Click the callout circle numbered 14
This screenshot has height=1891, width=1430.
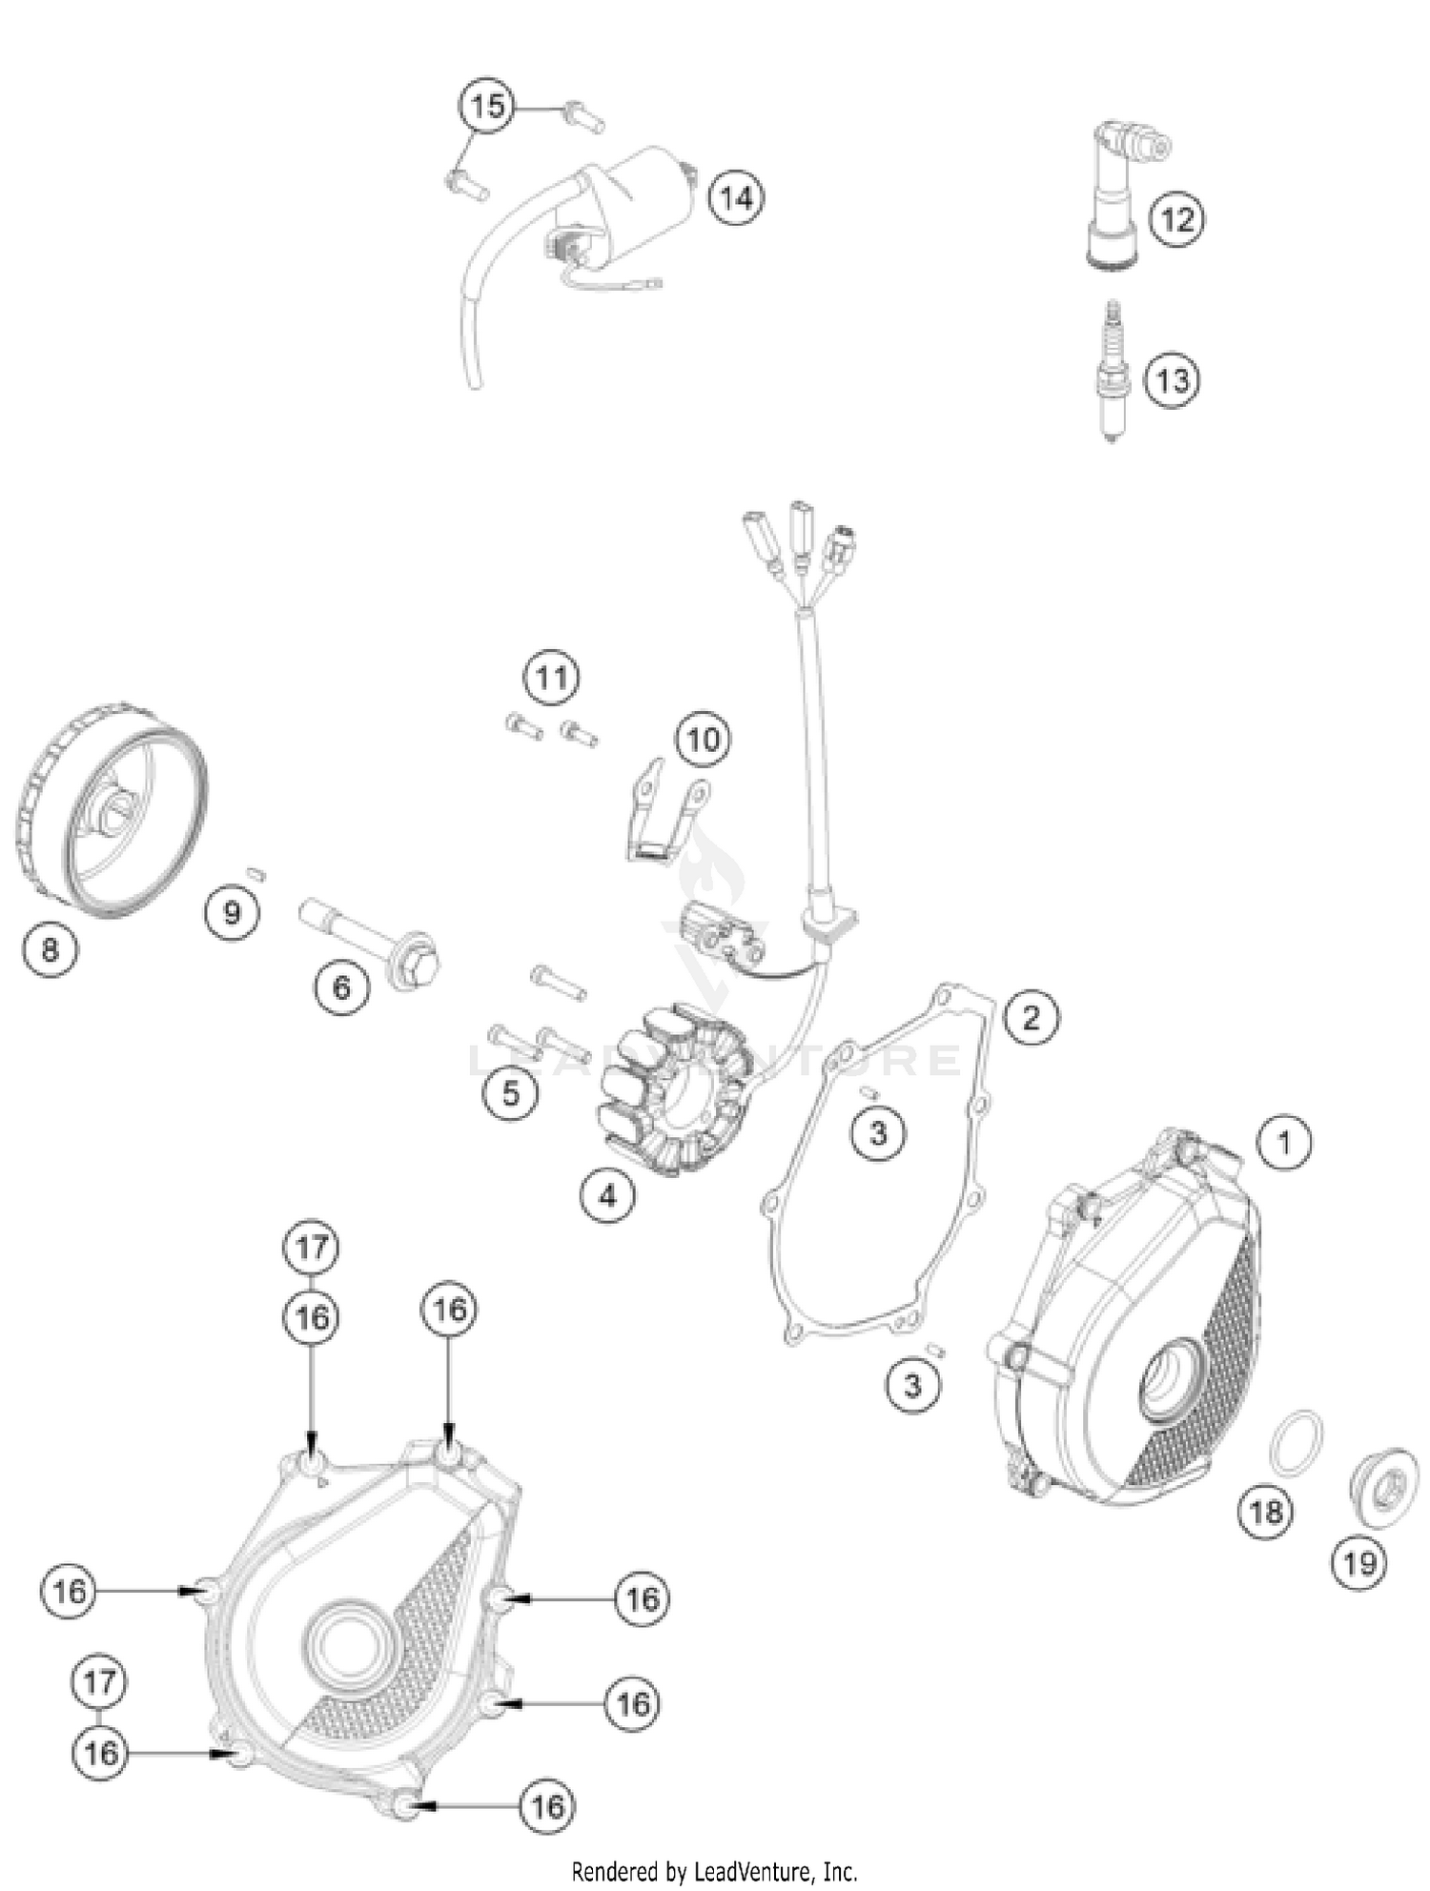pos(736,198)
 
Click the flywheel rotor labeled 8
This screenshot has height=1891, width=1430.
pos(112,810)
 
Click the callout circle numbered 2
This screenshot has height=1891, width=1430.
pos(1031,1017)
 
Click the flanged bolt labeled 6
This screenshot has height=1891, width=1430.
pos(372,933)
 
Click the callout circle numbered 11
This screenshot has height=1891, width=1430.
pos(551,678)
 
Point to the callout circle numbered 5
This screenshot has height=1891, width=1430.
pos(511,1093)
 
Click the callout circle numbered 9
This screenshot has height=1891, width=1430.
pos(232,913)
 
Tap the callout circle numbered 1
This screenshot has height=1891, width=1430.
pos(1284,1142)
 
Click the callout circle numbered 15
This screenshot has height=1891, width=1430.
pos(487,105)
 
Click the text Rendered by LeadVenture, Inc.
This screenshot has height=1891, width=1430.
pos(714,1871)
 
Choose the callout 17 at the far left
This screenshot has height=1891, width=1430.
pos(99,1682)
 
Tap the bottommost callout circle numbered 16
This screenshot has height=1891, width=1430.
pos(547,1805)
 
